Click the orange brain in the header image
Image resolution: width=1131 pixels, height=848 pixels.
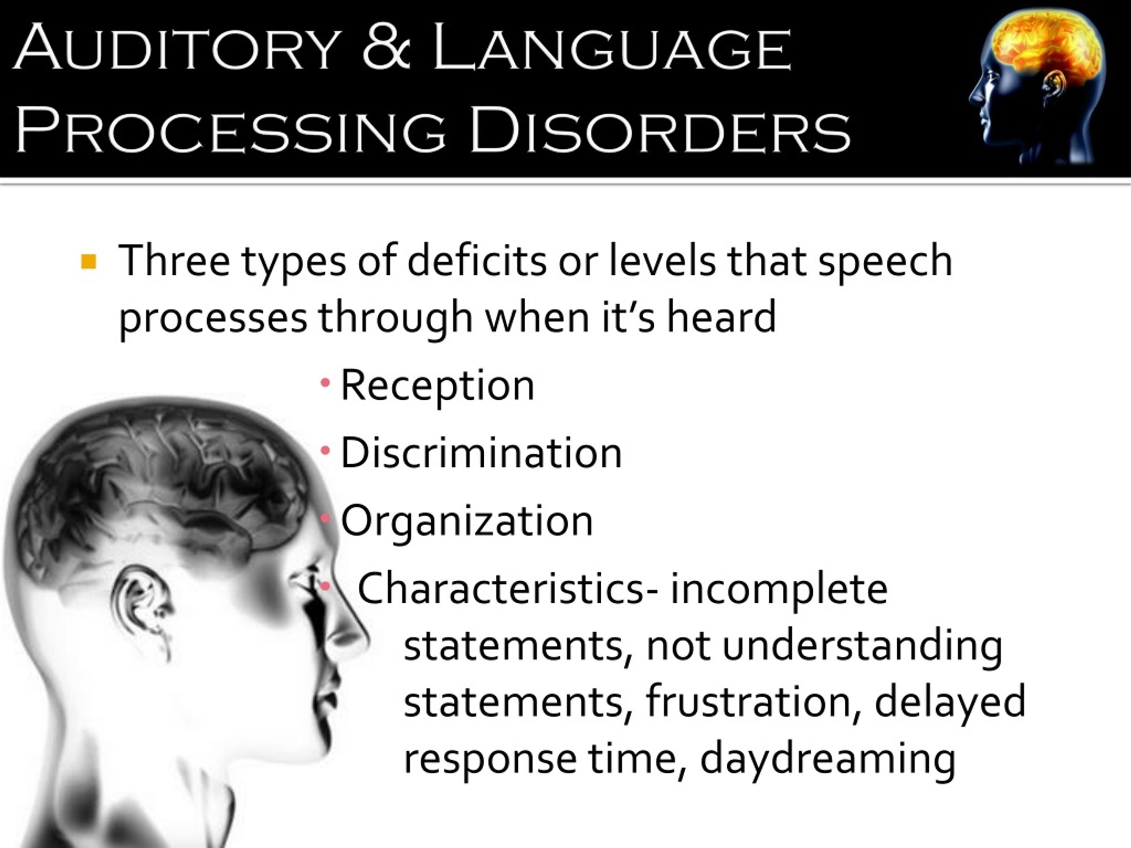pyautogui.click(x=1043, y=46)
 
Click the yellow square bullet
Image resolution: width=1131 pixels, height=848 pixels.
pyautogui.click(x=88, y=262)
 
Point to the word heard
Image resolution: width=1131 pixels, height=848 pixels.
pyautogui.click(x=721, y=318)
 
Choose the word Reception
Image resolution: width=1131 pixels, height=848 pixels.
pyautogui.click(x=437, y=386)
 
